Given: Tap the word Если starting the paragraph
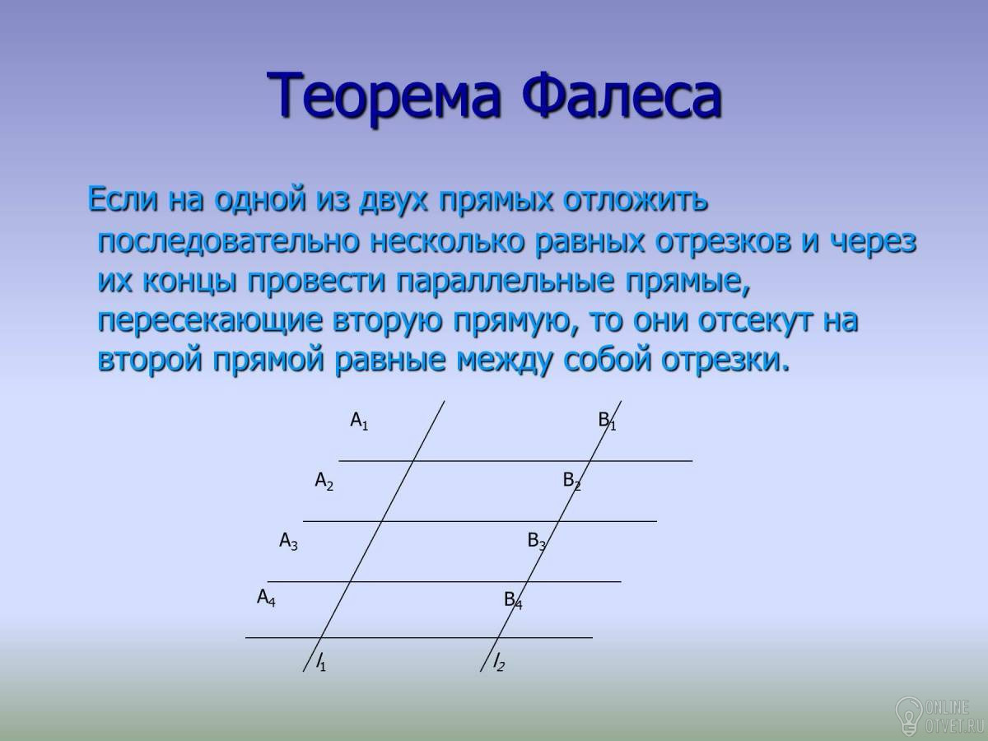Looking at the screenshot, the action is pyautogui.click(x=123, y=199).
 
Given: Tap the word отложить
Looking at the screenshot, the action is pyautogui.click(x=636, y=199).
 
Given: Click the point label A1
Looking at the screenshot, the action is pyautogui.click(x=359, y=422).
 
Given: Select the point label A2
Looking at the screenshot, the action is pyautogui.click(x=324, y=482).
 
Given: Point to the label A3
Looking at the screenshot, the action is pyautogui.click(x=288, y=541).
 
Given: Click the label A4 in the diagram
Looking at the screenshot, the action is pyautogui.click(x=266, y=598).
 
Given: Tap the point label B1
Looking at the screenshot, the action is pyautogui.click(x=607, y=422).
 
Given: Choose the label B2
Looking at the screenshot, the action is pyautogui.click(x=572, y=482).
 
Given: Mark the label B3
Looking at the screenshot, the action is pyautogui.click(x=537, y=541).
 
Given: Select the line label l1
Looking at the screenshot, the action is pyautogui.click(x=321, y=662).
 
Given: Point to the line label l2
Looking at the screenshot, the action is pyautogui.click(x=499, y=662).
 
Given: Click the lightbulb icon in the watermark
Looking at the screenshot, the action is pyautogui.click(x=908, y=716).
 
